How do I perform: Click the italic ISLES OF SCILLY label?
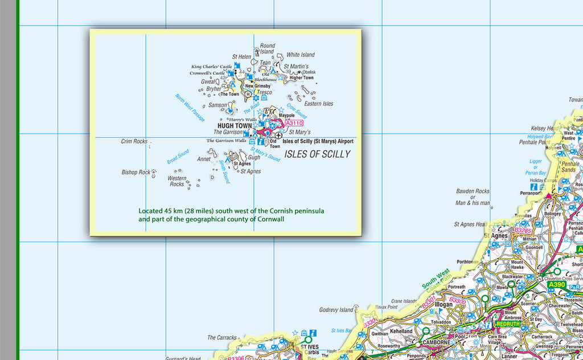tap(317, 154)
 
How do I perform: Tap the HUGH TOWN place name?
tap(235, 126)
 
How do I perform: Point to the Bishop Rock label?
tap(136, 172)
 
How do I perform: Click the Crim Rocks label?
tap(134, 141)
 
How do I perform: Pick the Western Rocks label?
tap(176, 181)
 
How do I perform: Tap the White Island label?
tap(301, 55)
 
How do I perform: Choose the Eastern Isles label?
tap(319, 104)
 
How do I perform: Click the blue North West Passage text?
tap(190, 108)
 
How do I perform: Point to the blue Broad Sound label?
tap(178, 157)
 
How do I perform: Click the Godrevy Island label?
tap(336, 310)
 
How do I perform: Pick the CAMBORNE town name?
tap(437, 342)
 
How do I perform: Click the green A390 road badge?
tap(557, 284)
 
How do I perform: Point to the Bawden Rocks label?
tap(473, 191)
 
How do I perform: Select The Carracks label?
tap(222, 338)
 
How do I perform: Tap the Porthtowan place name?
tap(468, 262)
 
